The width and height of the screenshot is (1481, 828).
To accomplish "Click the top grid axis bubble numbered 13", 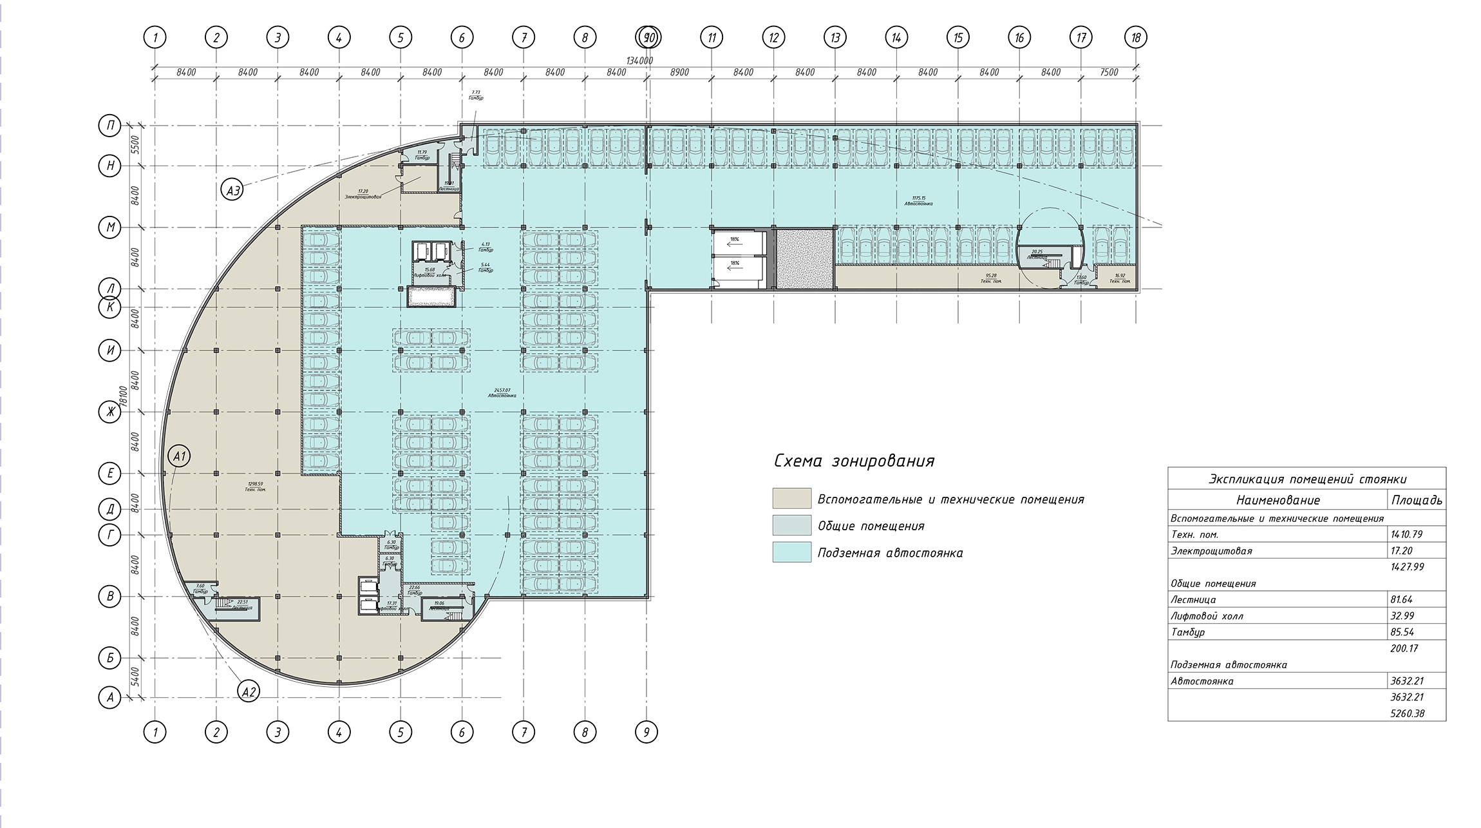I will click(835, 38).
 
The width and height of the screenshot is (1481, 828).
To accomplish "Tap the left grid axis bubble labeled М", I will click(110, 227).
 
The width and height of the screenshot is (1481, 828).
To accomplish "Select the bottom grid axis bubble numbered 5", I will click(401, 732).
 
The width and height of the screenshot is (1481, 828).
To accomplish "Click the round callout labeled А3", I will click(233, 190).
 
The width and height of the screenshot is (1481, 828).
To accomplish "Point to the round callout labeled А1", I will click(180, 456).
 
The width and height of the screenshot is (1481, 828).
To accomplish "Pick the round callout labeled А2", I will click(249, 692).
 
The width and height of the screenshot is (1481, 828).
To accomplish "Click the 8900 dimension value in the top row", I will click(679, 73).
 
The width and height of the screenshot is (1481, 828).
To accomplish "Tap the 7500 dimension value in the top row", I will click(1109, 73).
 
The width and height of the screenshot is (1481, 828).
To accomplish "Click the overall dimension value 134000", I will click(639, 61).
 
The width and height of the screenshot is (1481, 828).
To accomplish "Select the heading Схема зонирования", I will click(854, 461).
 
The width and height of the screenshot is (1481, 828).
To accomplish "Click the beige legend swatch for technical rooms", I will click(791, 499).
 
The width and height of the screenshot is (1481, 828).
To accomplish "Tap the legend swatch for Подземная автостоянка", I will click(791, 552).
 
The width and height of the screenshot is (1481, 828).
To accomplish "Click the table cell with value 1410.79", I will click(1407, 534).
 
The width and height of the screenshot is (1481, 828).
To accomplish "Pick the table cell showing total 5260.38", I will click(1407, 713).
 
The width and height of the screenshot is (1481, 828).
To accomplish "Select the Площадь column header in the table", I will click(1416, 500).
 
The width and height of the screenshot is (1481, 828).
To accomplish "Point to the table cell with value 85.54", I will click(1402, 632).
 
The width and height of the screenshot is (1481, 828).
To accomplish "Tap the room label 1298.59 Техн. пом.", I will click(256, 486).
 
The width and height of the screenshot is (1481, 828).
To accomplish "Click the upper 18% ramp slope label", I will click(734, 239).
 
